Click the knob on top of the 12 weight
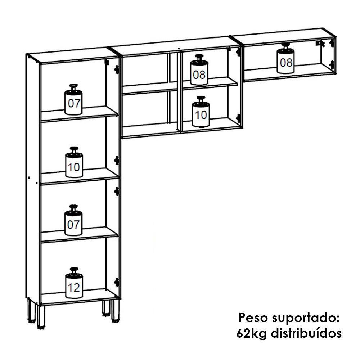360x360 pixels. click(x=74, y=270)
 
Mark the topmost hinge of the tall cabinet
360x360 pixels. click(x=116, y=69)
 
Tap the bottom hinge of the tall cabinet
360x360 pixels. click(x=116, y=282)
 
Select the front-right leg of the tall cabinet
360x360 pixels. click(x=115, y=310)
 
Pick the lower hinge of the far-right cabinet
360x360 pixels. click(x=331, y=65)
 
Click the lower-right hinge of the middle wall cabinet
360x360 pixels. click(x=238, y=118)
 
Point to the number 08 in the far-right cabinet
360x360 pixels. click(x=286, y=63)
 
